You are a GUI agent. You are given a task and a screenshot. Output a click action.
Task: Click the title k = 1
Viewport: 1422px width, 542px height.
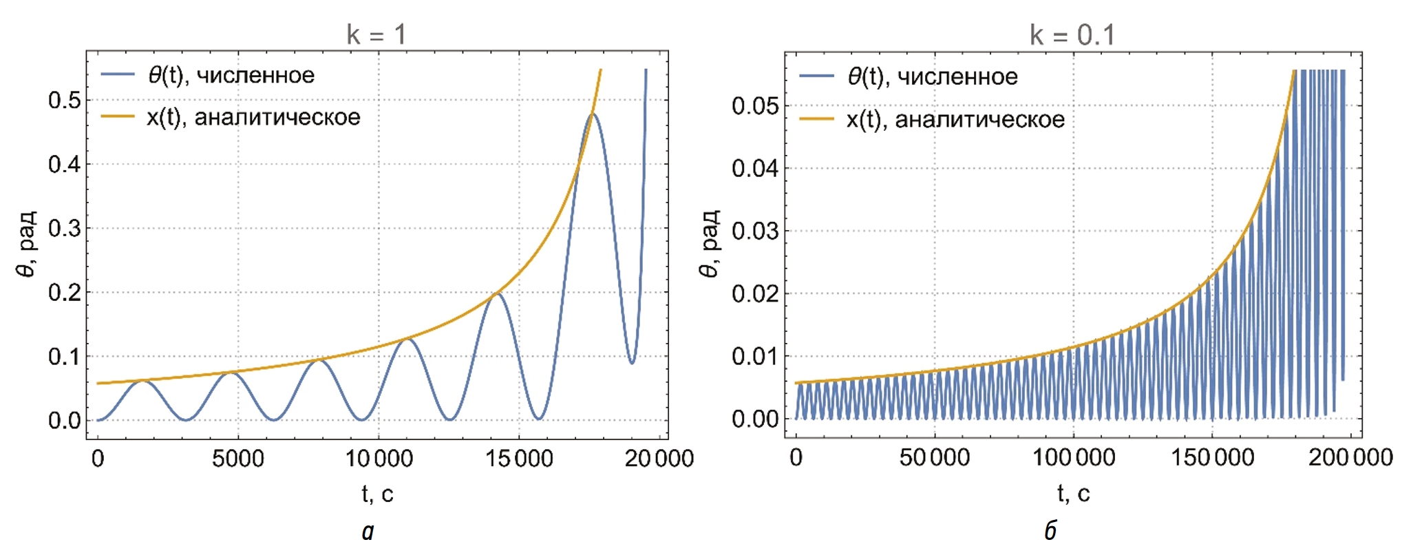376,34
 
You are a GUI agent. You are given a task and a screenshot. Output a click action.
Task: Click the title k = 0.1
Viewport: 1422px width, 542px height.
1072,34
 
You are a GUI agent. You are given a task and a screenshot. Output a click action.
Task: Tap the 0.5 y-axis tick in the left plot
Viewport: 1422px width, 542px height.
65,101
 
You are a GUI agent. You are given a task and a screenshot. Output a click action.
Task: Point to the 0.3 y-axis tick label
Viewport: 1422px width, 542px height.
65,229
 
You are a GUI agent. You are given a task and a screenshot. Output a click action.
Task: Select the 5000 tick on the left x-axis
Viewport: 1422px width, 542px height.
237,459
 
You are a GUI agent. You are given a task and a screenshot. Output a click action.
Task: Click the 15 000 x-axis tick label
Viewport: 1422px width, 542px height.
519,459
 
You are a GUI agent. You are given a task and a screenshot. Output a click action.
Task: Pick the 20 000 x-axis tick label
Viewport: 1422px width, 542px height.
659,459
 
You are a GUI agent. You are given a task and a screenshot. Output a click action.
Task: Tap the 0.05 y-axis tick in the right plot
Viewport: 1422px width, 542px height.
755,106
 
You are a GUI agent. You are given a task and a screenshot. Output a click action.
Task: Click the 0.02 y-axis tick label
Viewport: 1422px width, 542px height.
755,294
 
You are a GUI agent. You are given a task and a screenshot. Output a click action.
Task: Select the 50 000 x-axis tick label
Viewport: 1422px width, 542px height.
935,457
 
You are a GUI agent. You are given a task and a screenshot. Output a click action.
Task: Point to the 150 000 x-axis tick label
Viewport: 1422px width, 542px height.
1212,457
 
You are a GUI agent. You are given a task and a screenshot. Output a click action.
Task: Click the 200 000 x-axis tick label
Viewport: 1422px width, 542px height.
1350,457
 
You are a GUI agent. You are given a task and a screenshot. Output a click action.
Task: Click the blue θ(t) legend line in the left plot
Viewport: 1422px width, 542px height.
118,75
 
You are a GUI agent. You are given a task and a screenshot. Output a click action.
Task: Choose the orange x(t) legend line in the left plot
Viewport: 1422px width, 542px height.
118,117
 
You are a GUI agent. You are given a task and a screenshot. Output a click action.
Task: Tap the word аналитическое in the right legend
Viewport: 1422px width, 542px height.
979,120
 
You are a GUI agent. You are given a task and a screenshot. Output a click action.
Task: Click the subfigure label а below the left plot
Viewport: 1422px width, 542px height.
368,530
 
